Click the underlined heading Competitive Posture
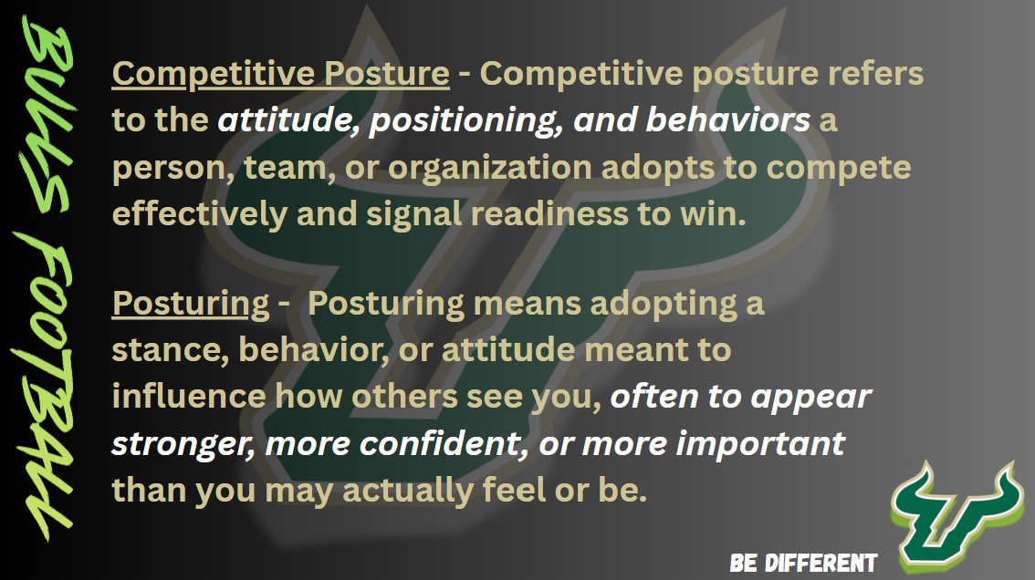280,74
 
